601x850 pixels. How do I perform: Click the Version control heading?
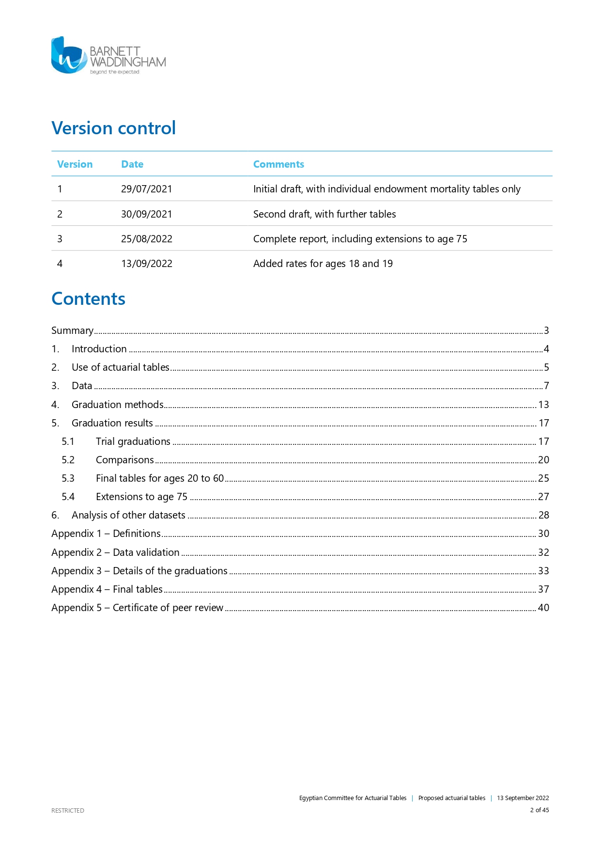click(x=113, y=128)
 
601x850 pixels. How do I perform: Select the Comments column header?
click(x=278, y=164)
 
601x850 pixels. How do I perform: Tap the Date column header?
click(x=132, y=164)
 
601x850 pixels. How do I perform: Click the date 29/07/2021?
click(x=146, y=189)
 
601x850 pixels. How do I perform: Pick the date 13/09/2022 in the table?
click(x=146, y=264)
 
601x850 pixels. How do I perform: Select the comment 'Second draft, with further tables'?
click(x=324, y=214)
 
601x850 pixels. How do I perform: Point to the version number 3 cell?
click(x=60, y=239)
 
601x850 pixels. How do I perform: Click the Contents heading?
click(x=88, y=299)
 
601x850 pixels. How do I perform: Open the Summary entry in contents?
click(x=73, y=331)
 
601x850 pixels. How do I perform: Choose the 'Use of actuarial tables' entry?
click(x=121, y=367)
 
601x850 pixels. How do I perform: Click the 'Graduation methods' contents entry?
click(x=118, y=405)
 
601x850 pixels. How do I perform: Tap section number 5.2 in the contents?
click(x=68, y=460)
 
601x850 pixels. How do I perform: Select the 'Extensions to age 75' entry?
click(x=141, y=497)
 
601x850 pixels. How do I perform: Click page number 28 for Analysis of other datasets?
click(x=543, y=515)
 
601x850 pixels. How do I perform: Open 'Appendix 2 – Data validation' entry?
click(x=115, y=552)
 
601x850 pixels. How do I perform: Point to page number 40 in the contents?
click(x=543, y=608)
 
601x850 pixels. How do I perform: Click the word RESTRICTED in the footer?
click(x=68, y=810)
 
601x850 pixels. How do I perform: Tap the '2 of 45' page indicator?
click(x=539, y=810)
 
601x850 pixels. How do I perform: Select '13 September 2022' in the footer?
click(x=523, y=798)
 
